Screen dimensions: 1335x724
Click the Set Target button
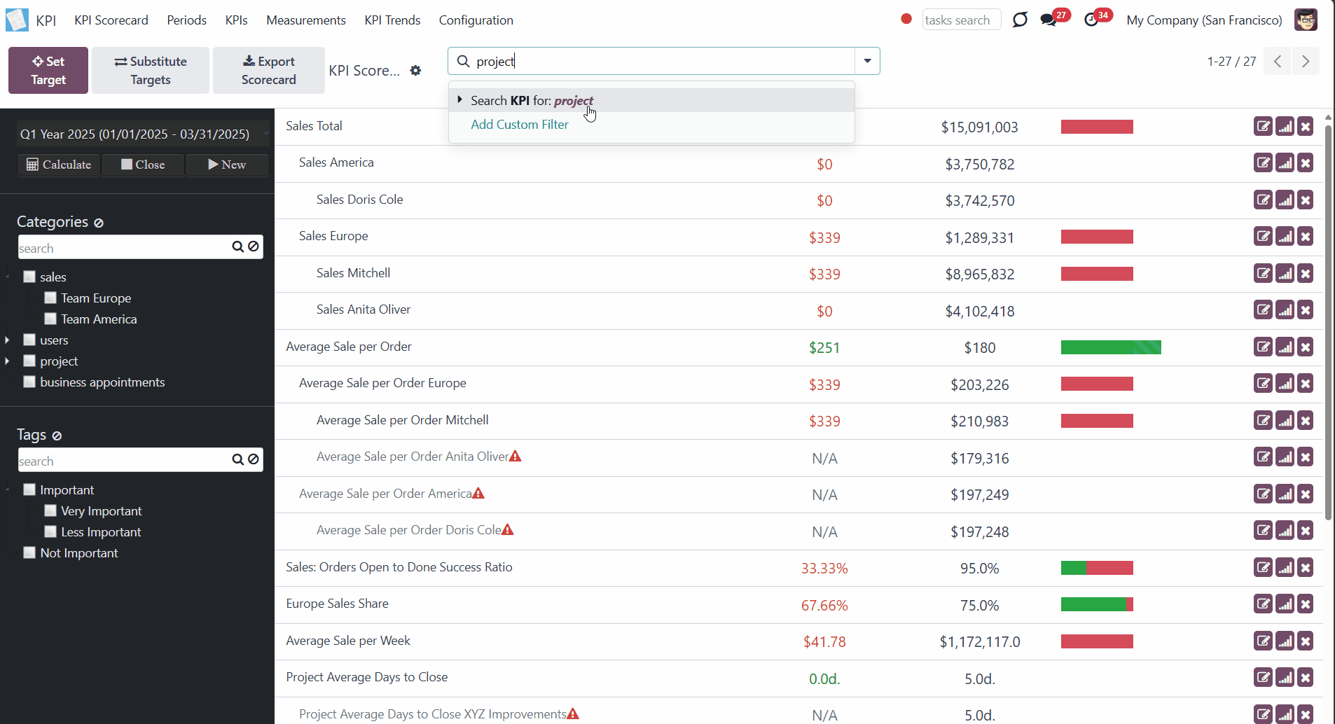(48, 70)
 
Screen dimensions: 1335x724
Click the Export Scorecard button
(269, 70)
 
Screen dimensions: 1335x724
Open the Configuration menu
(476, 20)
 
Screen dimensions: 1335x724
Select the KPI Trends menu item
(392, 20)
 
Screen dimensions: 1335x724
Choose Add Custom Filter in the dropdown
(520, 125)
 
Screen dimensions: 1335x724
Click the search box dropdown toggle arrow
(867, 61)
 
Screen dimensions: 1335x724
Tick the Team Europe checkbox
(50, 298)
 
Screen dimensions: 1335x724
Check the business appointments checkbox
(29, 382)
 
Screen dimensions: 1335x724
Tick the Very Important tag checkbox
(50, 510)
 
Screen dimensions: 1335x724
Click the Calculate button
(59, 165)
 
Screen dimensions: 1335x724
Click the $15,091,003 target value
(979, 127)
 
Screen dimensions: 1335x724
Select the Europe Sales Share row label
(337, 604)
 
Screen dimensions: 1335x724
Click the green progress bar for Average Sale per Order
(1111, 347)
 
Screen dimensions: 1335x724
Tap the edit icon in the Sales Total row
(1263, 127)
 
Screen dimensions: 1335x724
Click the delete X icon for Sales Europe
(1306, 237)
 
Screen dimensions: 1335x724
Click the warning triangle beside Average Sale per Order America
(478, 493)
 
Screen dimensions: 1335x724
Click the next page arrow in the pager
(1306, 61)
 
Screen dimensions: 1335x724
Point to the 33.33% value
(824, 569)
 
